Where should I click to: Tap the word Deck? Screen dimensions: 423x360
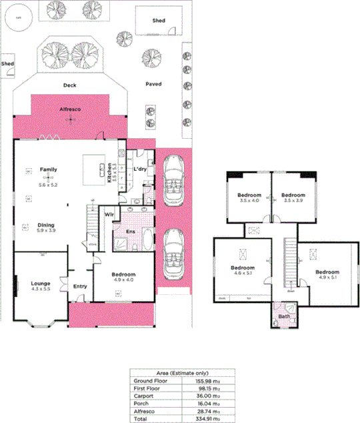tap(70, 85)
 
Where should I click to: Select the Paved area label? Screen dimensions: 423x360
tap(154, 84)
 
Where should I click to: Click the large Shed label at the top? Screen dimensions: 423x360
tap(158, 21)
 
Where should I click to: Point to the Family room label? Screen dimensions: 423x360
tap(47, 169)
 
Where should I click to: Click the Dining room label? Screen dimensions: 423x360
tap(46, 225)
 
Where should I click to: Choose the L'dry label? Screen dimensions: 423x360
tap(140, 169)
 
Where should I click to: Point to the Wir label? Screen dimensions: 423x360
tap(108, 214)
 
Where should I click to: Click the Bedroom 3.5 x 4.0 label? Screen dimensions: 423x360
tap(249, 195)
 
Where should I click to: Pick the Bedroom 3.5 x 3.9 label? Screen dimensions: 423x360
tap(293, 195)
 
